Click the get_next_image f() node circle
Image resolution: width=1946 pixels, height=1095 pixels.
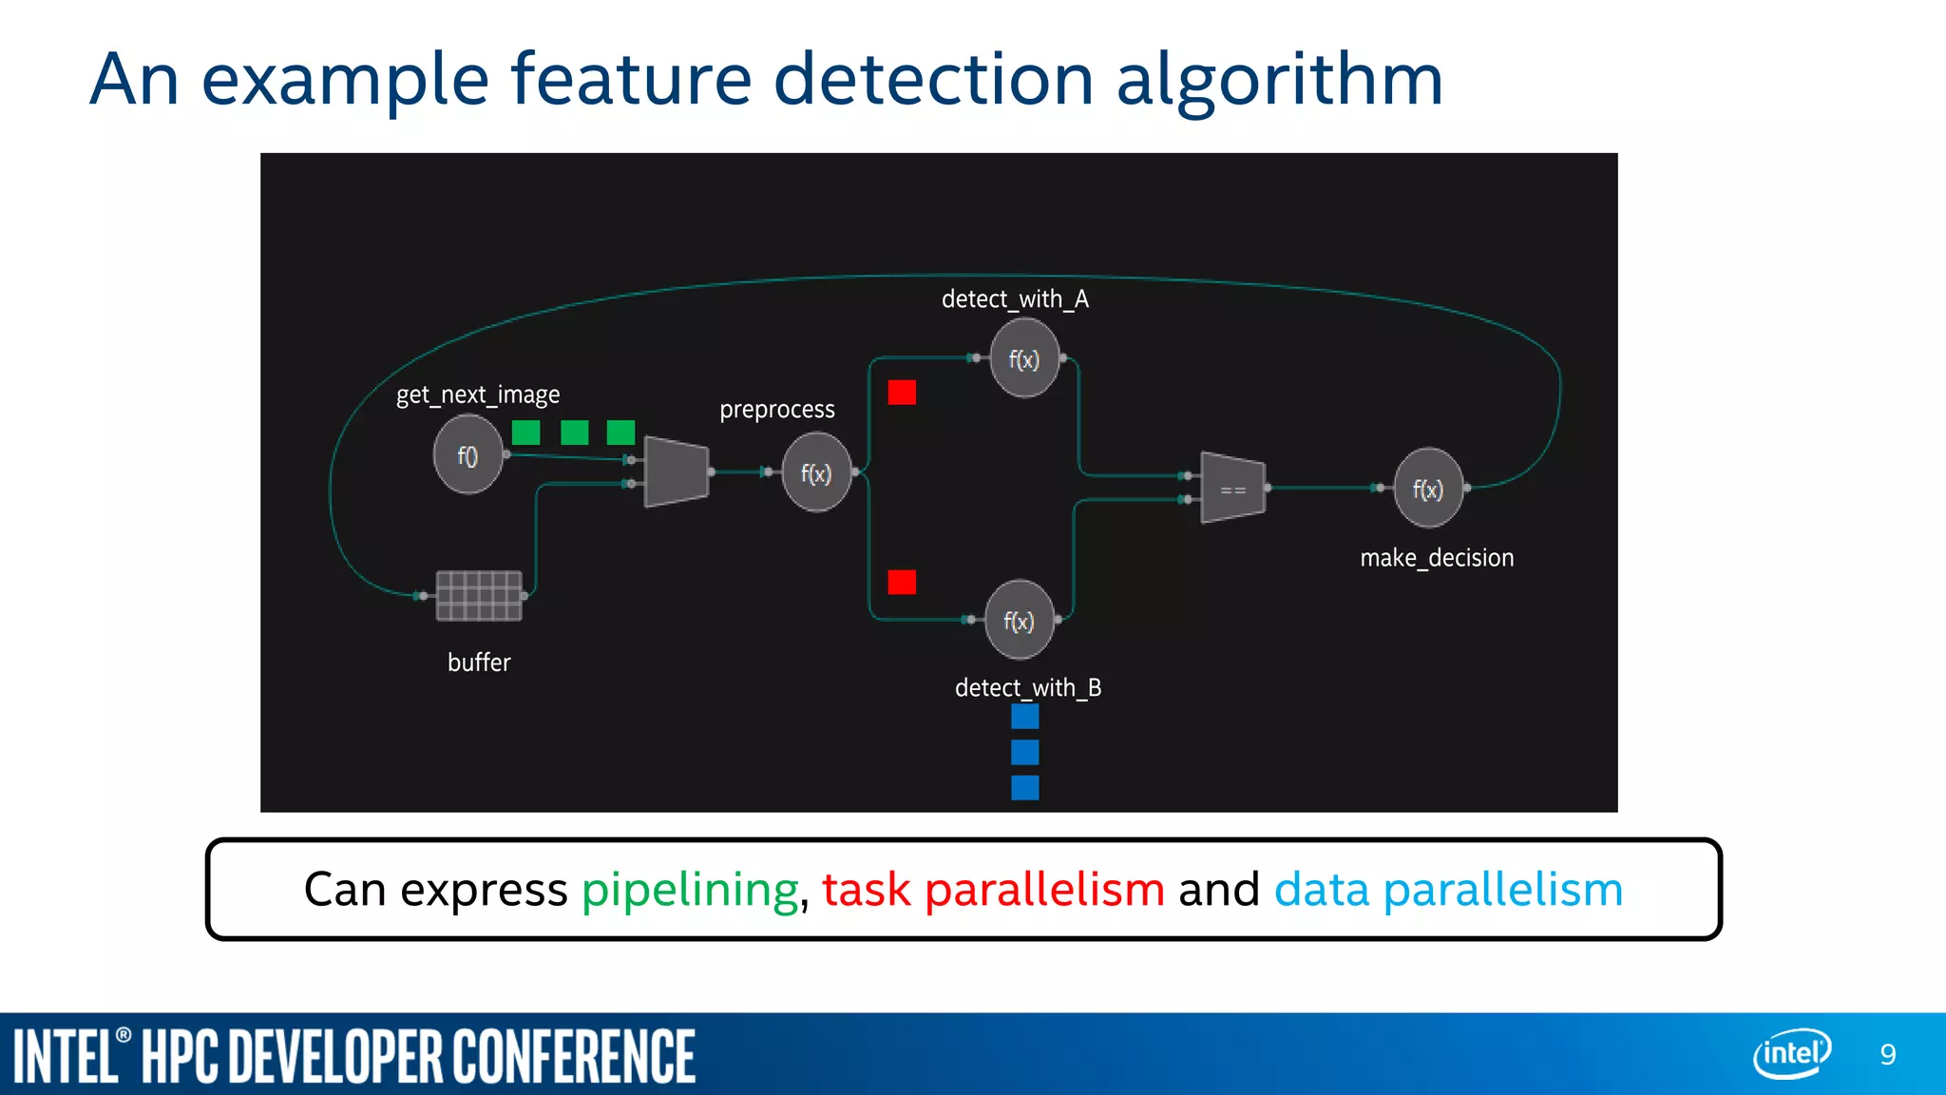pyautogui.click(x=467, y=456)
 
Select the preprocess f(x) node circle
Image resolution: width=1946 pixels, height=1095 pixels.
pyautogui.click(x=816, y=472)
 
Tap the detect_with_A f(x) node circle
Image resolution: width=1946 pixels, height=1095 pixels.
pyautogui.click(x=1024, y=359)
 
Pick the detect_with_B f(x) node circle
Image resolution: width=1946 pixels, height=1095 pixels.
pyautogui.click(x=1020, y=621)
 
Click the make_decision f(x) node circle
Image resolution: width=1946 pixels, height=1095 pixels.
pyautogui.click(x=1427, y=489)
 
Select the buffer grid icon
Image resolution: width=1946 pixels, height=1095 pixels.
pyautogui.click(x=479, y=596)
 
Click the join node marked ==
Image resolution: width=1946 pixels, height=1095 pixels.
pyautogui.click(x=1233, y=489)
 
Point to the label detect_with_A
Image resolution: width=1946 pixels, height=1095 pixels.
pyautogui.click(x=1015, y=299)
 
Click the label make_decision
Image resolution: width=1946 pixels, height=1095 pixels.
pyautogui.click(x=1437, y=558)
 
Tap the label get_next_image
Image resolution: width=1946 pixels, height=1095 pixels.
pyautogui.click(x=478, y=394)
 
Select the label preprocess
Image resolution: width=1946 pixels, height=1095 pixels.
pyautogui.click(x=777, y=410)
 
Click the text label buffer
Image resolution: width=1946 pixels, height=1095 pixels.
pyautogui.click(x=479, y=663)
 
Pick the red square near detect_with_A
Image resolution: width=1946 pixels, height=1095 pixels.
pyautogui.click(x=902, y=393)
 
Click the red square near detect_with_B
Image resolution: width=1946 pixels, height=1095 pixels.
pyautogui.click(x=902, y=582)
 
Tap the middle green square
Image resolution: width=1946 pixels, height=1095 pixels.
pyautogui.click(x=574, y=432)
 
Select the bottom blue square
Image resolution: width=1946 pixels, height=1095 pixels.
pyautogui.click(x=1025, y=788)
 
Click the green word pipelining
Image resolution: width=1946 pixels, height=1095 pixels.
pyautogui.click(x=691, y=891)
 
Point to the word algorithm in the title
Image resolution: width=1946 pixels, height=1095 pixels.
pyautogui.click(x=1279, y=80)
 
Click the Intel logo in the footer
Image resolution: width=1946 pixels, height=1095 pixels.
pyautogui.click(x=1792, y=1053)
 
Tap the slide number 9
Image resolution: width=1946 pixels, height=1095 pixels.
pyautogui.click(x=1888, y=1054)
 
